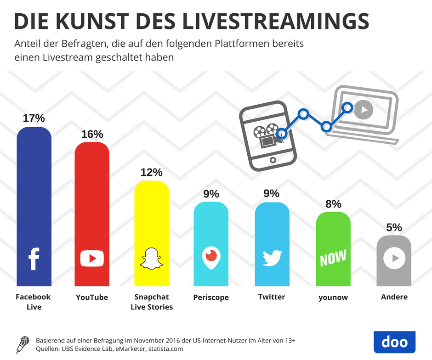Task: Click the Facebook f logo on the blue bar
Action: click(x=34, y=259)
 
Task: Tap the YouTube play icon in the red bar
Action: click(x=92, y=259)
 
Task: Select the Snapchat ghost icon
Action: click(x=151, y=259)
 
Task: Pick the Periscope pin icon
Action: click(x=211, y=259)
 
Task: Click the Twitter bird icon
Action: click(x=272, y=258)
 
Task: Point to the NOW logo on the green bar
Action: click(x=333, y=259)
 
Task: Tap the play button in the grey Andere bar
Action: click(x=394, y=259)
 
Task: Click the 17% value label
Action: click(x=33, y=118)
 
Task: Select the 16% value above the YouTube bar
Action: click(x=92, y=134)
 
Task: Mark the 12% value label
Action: click(x=151, y=172)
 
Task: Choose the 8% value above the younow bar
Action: click(x=333, y=203)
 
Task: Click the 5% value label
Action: click(x=394, y=227)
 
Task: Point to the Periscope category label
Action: click(x=211, y=298)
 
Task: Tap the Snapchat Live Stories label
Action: click(x=152, y=302)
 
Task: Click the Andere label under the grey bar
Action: click(x=394, y=297)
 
